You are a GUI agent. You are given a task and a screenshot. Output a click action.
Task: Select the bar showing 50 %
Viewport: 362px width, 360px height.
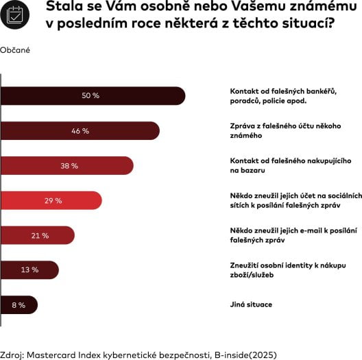(x=93, y=95)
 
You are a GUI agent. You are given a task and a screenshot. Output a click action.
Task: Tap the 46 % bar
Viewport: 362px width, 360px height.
(x=80, y=130)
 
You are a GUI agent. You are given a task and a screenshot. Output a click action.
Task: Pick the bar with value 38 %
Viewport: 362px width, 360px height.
(x=67, y=165)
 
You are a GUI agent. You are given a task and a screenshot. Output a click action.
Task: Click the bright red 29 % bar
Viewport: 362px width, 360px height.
(x=51, y=200)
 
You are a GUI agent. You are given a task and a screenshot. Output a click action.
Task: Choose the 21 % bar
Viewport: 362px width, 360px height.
(x=38, y=235)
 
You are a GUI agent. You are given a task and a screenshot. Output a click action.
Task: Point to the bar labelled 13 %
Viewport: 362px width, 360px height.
(x=29, y=269)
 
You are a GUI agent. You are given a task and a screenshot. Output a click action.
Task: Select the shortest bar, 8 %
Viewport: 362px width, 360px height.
(x=19, y=304)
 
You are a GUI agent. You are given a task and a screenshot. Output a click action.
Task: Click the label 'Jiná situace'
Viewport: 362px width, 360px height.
(x=251, y=304)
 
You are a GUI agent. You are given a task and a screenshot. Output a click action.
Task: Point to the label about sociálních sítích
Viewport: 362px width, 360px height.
(x=295, y=200)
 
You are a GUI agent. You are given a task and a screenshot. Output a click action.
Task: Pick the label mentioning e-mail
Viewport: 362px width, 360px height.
(x=293, y=235)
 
